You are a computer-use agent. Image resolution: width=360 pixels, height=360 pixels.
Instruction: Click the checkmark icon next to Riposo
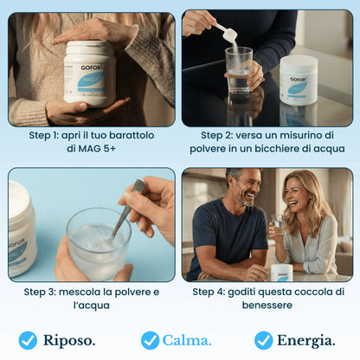click(x=28, y=340)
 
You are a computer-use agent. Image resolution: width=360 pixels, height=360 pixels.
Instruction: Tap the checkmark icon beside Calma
click(x=150, y=340)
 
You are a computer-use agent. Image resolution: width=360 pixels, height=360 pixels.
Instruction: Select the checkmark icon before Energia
click(x=263, y=340)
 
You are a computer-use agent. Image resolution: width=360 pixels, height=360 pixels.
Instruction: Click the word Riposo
click(x=70, y=340)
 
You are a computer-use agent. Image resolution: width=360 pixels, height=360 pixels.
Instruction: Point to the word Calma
click(x=187, y=340)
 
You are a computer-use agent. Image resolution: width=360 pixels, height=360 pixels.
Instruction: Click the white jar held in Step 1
click(x=89, y=74)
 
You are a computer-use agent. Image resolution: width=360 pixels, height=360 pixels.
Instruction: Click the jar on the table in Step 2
click(x=299, y=81)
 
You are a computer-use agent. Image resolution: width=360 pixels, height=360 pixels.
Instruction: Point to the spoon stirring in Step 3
click(x=128, y=208)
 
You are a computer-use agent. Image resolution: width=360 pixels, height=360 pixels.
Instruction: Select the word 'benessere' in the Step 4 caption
click(x=267, y=305)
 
